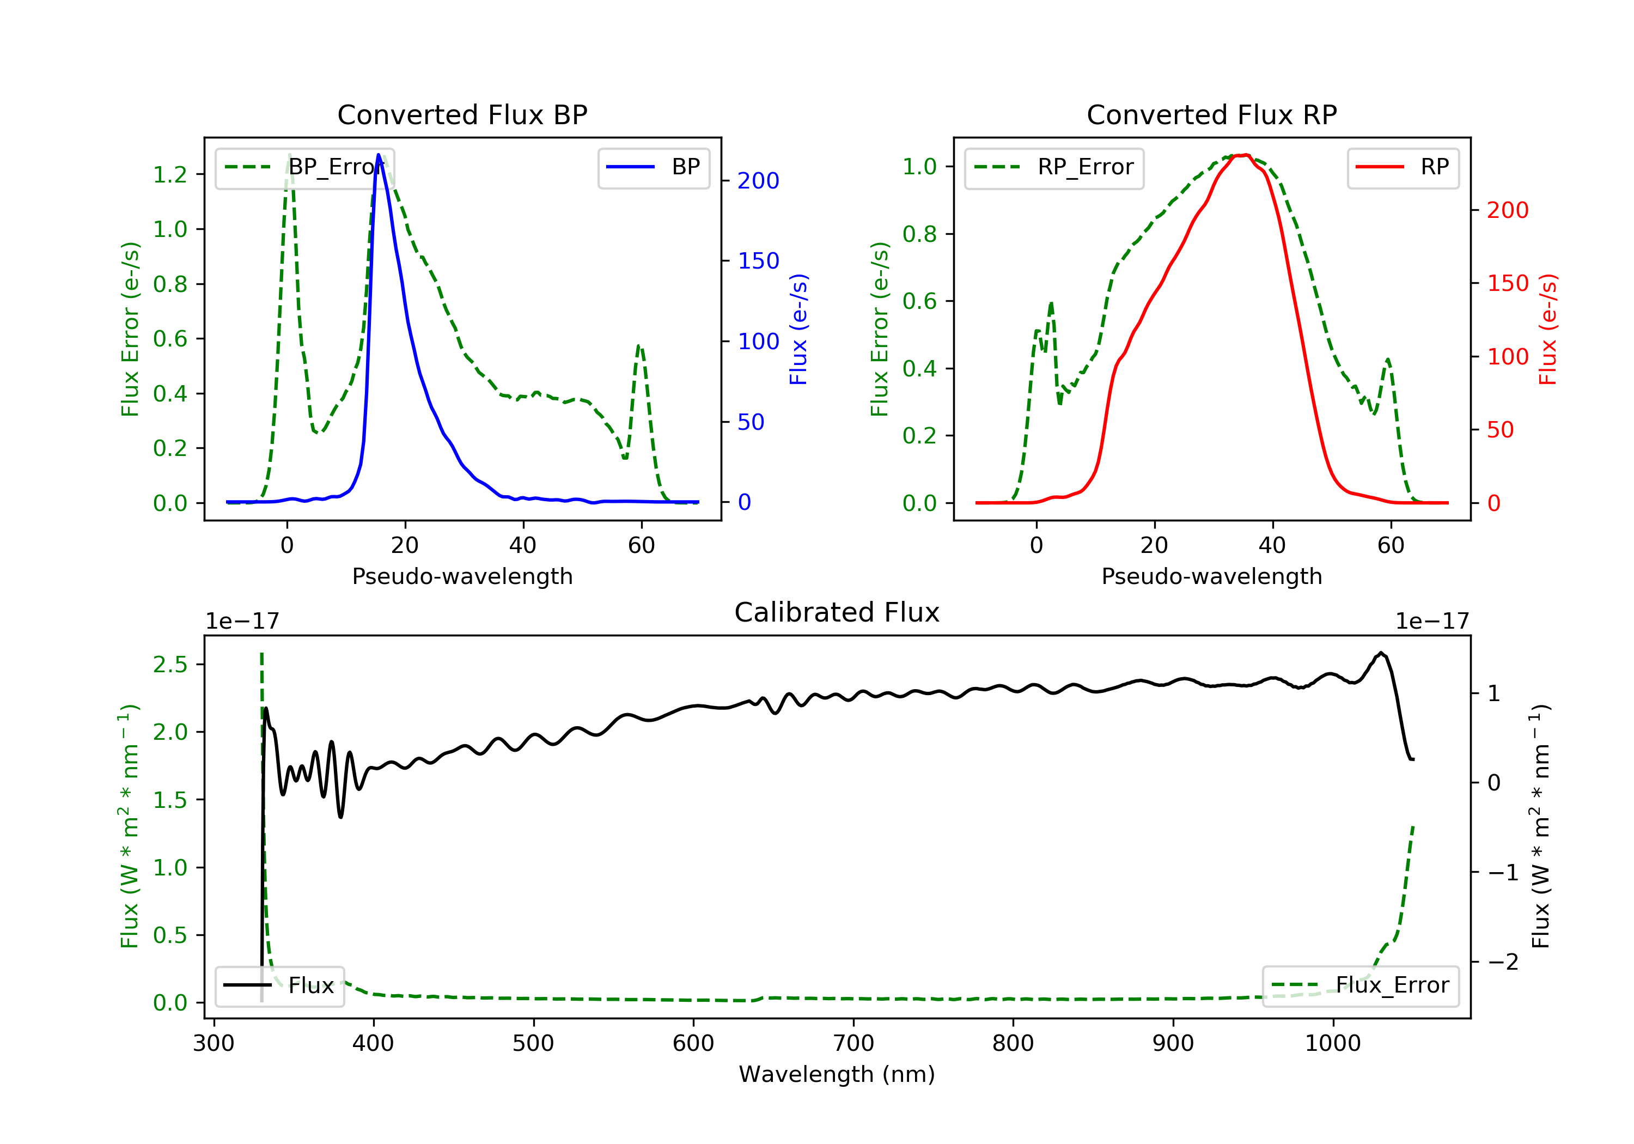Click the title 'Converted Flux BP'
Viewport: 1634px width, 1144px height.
pyautogui.click(x=462, y=114)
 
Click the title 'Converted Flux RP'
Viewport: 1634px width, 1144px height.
pyautogui.click(x=1212, y=114)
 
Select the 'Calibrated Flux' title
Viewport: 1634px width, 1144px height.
pyautogui.click(x=837, y=612)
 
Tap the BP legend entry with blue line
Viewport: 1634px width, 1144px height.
pyautogui.click(x=653, y=167)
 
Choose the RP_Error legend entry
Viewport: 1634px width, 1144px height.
pyautogui.click(x=1053, y=168)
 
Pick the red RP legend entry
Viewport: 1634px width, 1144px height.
pyautogui.click(x=1403, y=167)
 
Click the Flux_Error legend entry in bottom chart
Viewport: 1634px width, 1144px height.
pyautogui.click(x=1360, y=985)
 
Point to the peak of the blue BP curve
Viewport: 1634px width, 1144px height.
pyautogui.click(x=379, y=155)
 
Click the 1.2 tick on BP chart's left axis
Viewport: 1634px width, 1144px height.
pyautogui.click(x=171, y=174)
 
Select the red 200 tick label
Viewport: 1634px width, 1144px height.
pyautogui.click(x=1508, y=210)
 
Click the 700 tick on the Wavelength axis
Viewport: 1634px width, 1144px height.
pyautogui.click(x=853, y=1044)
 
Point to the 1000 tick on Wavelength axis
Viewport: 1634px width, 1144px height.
pyautogui.click(x=1333, y=1044)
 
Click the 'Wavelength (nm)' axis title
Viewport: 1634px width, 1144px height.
pyautogui.click(x=837, y=1074)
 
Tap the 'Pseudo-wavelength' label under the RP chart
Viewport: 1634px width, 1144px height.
pyautogui.click(x=1212, y=576)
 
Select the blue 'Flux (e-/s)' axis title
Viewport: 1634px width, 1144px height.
pyautogui.click(x=798, y=329)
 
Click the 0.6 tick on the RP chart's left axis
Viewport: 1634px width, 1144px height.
pyautogui.click(x=919, y=301)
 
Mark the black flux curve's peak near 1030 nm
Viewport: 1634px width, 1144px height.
pyautogui.click(x=1381, y=653)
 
